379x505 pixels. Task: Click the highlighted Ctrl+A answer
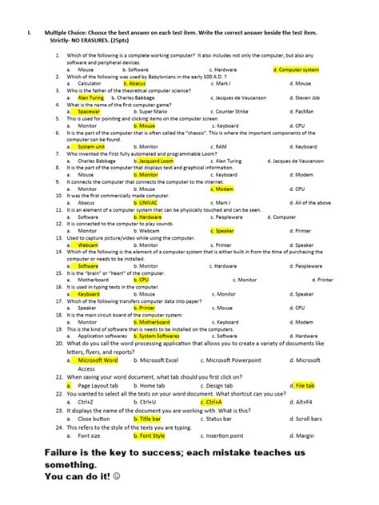tap(213, 402)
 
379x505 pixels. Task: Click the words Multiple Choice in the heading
tap(66, 34)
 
